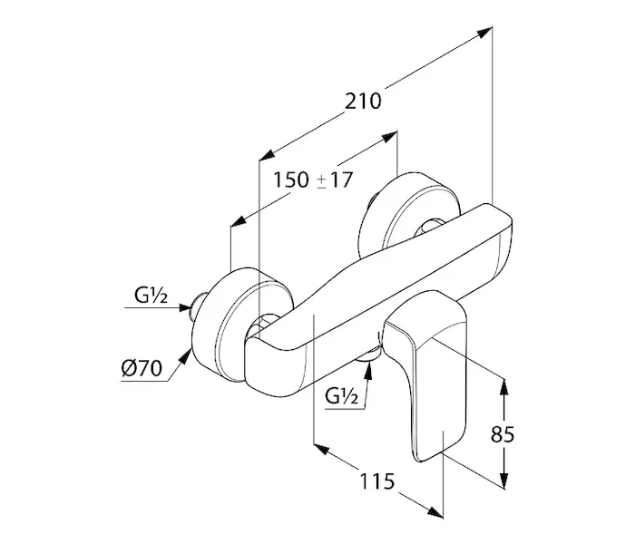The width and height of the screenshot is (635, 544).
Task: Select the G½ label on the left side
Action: pyautogui.click(x=149, y=295)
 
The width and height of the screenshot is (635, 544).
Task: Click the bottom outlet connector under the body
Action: pyautogui.click(x=366, y=364)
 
